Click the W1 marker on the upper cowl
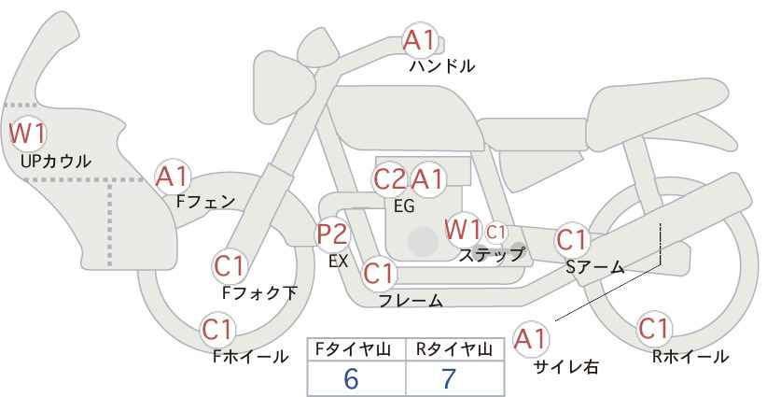point(28,134)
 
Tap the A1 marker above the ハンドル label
point(420,40)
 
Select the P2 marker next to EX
point(333,234)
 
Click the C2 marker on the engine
point(390,179)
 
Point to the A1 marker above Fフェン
point(173,177)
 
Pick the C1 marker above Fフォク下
point(230,266)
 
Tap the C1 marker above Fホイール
point(217,330)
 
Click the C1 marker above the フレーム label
point(379,274)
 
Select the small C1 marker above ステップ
point(495,232)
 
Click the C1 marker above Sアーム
point(572,240)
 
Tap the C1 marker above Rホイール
point(654,329)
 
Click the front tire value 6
point(351,378)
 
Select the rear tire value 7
point(449,378)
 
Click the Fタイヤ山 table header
point(353,349)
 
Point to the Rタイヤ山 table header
point(454,349)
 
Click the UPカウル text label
point(56,161)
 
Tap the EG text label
point(404,206)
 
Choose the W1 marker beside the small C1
point(463,229)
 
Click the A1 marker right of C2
point(427,179)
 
